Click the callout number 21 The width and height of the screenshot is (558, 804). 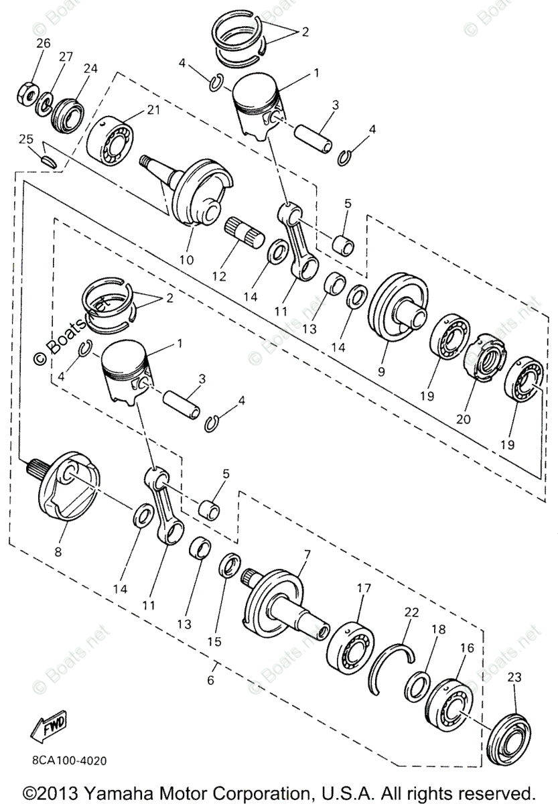coord(154,111)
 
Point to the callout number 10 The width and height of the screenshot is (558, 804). coord(186,259)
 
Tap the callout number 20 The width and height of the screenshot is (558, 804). coord(463,419)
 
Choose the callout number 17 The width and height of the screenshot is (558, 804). coord(363,588)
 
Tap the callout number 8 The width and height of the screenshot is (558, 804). coord(57,553)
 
